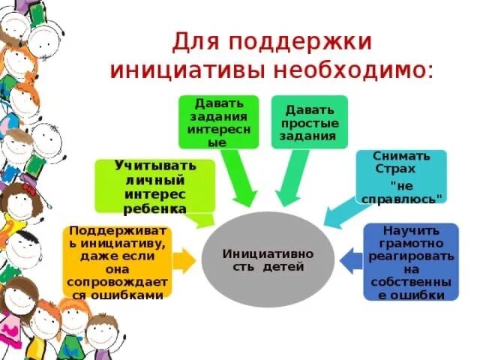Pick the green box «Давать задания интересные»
(x=217, y=121)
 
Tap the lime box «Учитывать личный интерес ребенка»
(x=155, y=185)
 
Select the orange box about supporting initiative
(x=116, y=262)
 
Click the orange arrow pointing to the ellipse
(x=184, y=262)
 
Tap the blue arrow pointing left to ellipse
(x=350, y=261)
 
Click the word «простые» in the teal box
(x=308, y=122)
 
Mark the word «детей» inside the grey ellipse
(x=281, y=266)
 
